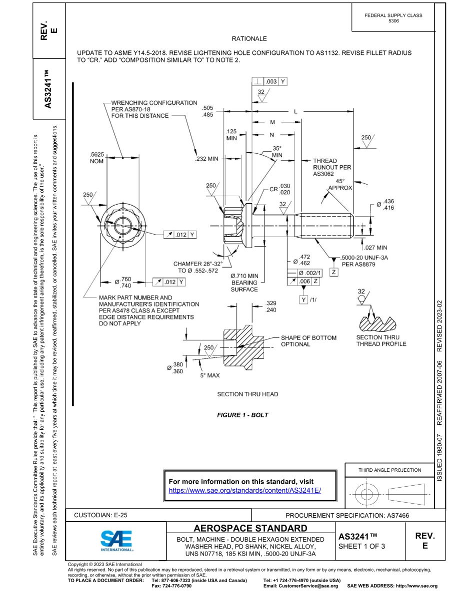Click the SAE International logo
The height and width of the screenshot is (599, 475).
[x=116, y=541]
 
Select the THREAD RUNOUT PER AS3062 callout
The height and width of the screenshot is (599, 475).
[x=332, y=168]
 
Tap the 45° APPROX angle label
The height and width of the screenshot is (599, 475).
[x=340, y=185]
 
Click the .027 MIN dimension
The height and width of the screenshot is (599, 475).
[x=375, y=247]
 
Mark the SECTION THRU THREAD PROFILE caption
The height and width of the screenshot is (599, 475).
[x=381, y=340]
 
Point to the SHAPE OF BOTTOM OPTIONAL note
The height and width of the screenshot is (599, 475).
[x=308, y=341]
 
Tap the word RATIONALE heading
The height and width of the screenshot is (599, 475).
[x=249, y=38]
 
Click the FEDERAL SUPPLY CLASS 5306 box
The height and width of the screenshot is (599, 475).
[x=393, y=18]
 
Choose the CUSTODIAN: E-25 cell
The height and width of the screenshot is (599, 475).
[x=104, y=515]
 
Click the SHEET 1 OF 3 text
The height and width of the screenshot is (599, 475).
[x=361, y=546]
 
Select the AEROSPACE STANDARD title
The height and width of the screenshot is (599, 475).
[x=250, y=528]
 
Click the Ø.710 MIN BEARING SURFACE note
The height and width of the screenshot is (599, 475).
[x=244, y=283]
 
